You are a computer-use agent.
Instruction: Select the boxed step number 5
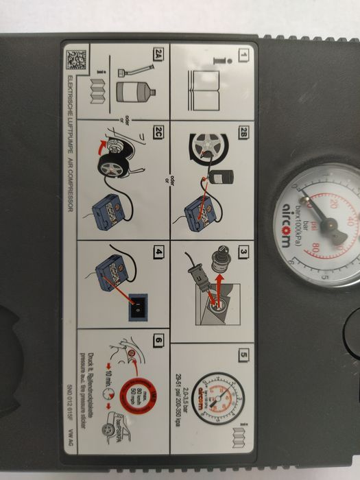coord(243,354)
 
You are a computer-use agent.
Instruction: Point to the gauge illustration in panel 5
coord(214,391)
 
